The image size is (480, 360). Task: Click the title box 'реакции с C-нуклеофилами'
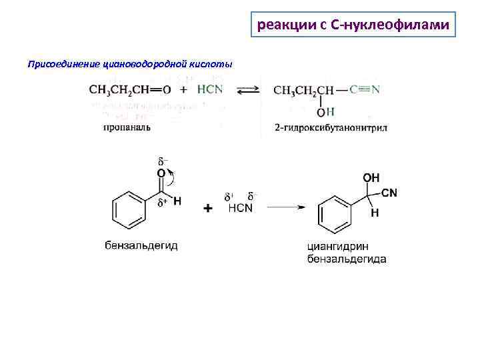(x=353, y=26)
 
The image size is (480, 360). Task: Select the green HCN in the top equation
(x=210, y=89)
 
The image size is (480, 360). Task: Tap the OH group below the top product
(x=325, y=111)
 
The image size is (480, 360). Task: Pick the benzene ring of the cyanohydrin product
(x=333, y=213)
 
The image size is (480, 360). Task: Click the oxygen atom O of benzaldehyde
(x=161, y=173)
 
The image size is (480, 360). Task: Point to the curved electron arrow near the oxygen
(x=172, y=177)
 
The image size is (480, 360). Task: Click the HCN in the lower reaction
(x=240, y=208)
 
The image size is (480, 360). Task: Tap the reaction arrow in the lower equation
(x=285, y=207)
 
